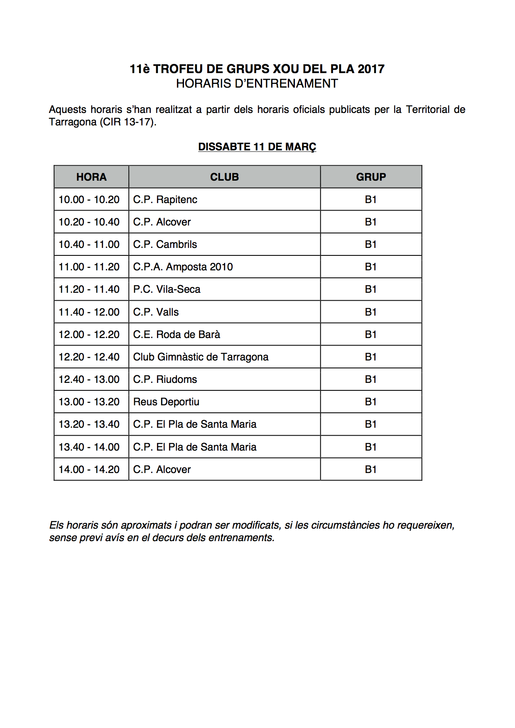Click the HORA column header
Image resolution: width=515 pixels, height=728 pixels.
91,177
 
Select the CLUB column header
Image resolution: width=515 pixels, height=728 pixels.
224,177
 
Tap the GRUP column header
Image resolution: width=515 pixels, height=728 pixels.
371,177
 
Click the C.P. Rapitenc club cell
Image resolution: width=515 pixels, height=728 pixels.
165,200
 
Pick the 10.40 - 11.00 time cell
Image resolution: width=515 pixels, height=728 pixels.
89,245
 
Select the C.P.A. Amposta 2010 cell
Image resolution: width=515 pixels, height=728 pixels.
183,267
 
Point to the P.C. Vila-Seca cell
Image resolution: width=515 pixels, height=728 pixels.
167,289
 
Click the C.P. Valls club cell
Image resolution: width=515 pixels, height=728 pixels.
156,312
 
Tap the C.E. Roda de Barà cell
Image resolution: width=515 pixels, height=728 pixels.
177,335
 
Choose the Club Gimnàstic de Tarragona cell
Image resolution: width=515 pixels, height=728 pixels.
201,357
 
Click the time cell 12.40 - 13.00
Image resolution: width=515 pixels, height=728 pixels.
89,380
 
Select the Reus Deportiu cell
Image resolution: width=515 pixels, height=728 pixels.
166,402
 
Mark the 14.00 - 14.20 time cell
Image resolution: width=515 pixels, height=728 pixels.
89,470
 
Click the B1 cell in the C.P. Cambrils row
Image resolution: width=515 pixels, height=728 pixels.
370,245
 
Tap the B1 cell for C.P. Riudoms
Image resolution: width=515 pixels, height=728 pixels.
370,380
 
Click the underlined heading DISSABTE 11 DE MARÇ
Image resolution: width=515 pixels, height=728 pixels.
257,147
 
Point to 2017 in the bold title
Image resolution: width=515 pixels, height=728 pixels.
371,69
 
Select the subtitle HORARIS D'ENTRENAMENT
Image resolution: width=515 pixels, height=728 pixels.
257,83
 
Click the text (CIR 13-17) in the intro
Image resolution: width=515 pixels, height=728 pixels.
128,122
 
